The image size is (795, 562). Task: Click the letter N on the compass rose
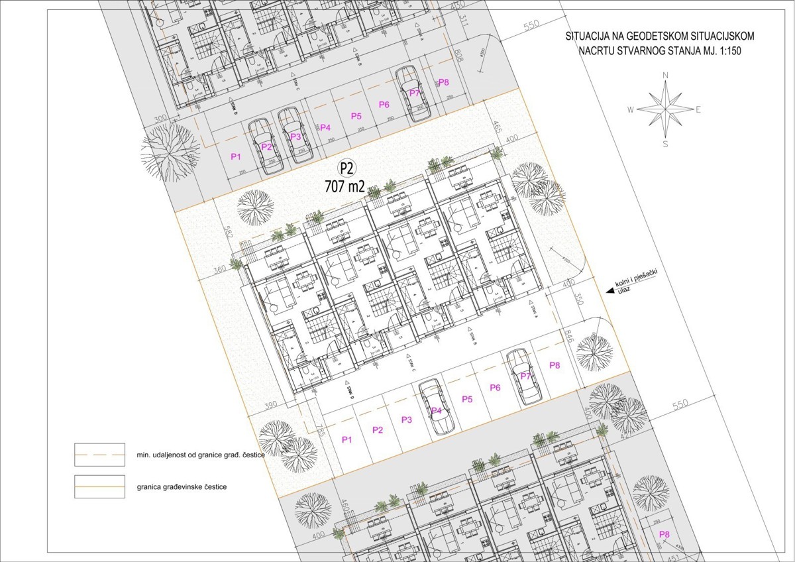pos(665,76)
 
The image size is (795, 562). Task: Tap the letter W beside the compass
pos(631,109)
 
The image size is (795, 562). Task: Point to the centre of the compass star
pos(665,109)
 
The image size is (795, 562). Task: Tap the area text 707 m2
pos(344,186)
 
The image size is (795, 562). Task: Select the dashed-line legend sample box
pos(99,453)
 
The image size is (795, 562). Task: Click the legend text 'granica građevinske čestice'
pos(182,487)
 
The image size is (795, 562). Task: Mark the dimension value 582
pos(230,233)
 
